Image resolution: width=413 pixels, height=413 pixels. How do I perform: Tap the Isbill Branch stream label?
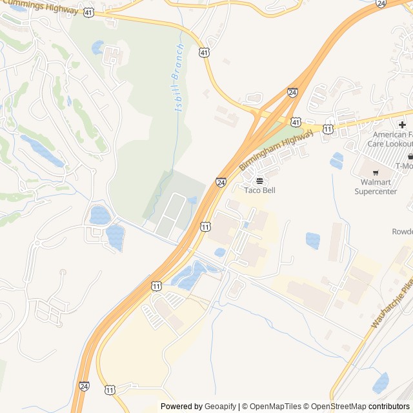pyautogui.click(x=180, y=79)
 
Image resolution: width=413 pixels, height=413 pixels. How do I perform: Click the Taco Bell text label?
pyautogui.click(x=259, y=190)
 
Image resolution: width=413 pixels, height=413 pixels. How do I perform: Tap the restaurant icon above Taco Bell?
pyautogui.click(x=259, y=180)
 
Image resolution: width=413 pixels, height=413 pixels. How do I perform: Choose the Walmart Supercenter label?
pyautogui.click(x=378, y=186)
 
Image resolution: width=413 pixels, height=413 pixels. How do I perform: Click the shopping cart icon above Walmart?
pyautogui.click(x=376, y=172)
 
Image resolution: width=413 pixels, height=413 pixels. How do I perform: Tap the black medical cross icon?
pyautogui.click(x=402, y=125)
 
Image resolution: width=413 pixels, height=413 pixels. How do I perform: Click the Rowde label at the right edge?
pyautogui.click(x=402, y=232)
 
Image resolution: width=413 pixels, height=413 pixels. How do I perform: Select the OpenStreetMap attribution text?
pyautogui.click(x=339, y=407)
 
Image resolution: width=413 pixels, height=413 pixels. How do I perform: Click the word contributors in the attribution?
pyautogui.click(x=389, y=407)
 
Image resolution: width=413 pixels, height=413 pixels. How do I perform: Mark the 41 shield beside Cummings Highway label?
pyautogui.click(x=88, y=12)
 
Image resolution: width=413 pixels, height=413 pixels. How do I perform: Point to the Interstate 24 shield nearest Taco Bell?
pyautogui.click(x=221, y=183)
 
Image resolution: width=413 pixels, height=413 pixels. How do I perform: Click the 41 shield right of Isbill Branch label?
pyautogui.click(x=205, y=52)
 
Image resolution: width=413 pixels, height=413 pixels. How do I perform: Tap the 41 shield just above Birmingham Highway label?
pyautogui.click(x=296, y=121)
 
